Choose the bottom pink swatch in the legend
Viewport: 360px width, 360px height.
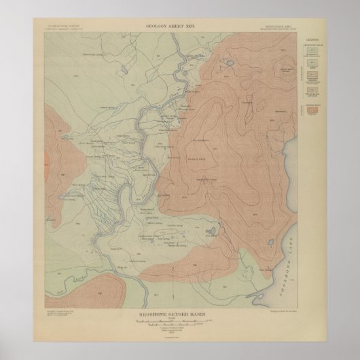point(312,111)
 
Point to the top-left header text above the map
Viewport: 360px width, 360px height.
point(59,27)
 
